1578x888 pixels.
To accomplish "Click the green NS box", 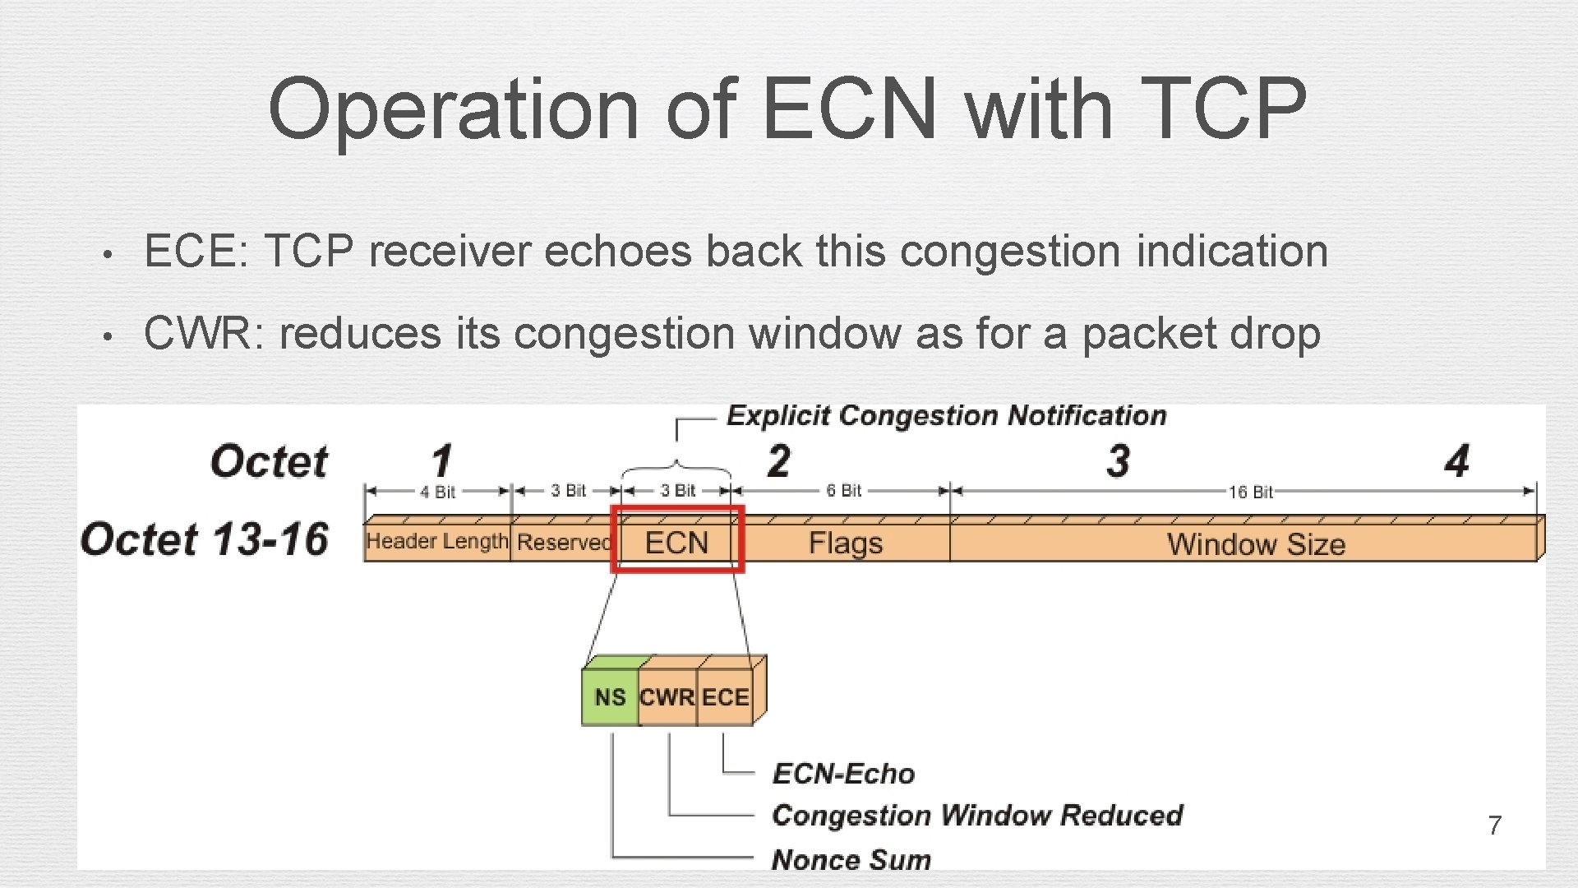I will point(609,697).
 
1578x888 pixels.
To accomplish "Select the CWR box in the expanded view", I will point(667,697).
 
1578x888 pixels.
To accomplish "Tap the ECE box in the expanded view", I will point(725,697).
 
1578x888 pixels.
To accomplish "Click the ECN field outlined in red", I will point(676,542).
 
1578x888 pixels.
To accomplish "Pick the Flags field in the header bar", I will point(845,543).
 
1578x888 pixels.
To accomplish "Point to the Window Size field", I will point(1256,543).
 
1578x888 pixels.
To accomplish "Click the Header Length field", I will point(437,541).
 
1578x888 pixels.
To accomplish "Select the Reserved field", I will point(564,543).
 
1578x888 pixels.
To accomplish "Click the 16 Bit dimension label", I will point(1251,492).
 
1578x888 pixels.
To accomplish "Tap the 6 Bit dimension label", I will point(844,490).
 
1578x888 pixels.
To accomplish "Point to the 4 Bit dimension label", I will point(437,492).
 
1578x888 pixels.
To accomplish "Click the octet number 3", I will point(1118,460).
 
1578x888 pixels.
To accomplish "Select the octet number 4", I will point(1456,460).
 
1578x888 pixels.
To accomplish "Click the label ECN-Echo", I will point(843,773).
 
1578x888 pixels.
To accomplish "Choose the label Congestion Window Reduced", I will point(977,815).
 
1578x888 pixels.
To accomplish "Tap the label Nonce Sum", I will point(851,859).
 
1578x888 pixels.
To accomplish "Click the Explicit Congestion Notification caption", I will point(946,415).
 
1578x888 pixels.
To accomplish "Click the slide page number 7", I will point(1495,825).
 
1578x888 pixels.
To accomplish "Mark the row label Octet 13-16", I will point(205,539).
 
